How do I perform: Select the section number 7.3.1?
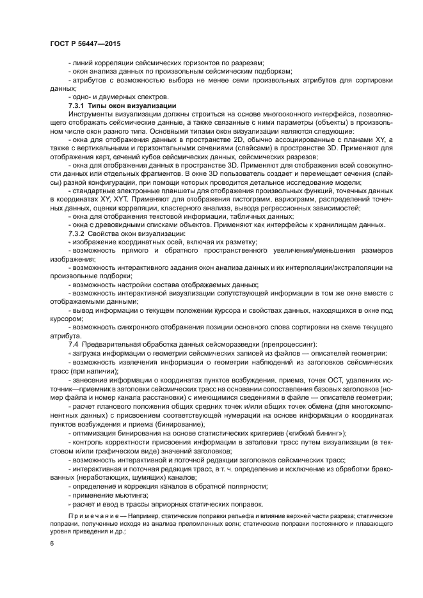click(x=79, y=105)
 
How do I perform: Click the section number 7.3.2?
click(x=79, y=233)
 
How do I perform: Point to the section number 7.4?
click(x=74, y=345)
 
